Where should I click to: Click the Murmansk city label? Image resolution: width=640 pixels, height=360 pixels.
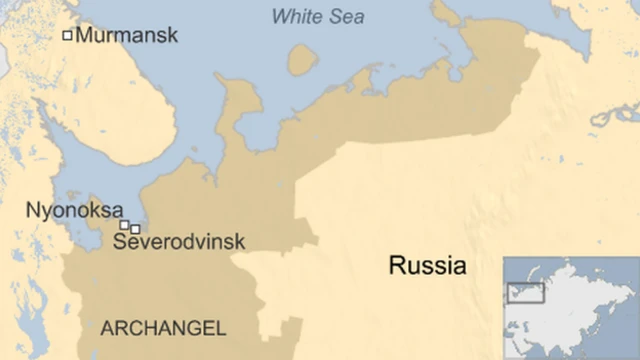point(126,36)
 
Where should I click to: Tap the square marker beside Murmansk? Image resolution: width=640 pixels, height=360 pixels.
point(68,36)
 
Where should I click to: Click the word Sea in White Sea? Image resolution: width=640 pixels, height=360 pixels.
point(346,16)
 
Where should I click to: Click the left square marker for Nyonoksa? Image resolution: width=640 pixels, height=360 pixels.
point(124,225)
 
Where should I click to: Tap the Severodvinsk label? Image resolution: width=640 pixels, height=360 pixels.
point(179,242)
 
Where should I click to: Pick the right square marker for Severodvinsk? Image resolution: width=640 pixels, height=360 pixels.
point(135,229)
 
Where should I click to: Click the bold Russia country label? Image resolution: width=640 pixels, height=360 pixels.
point(428,266)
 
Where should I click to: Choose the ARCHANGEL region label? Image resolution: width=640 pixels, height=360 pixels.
point(164,328)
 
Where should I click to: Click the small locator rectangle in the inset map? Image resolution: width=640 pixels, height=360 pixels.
point(527,293)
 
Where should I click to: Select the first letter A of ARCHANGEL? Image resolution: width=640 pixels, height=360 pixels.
point(106,328)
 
